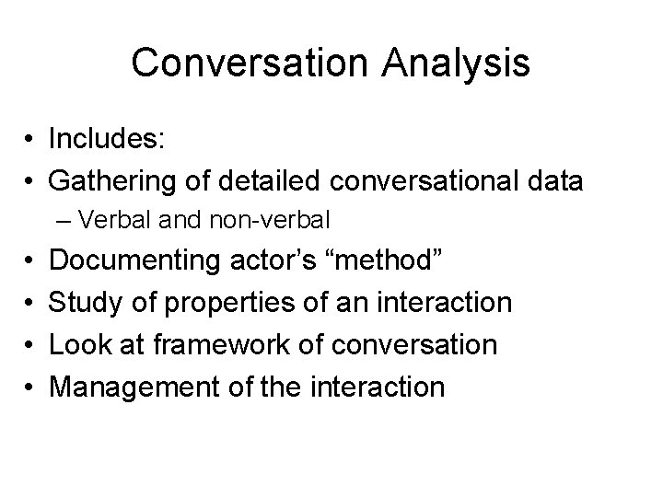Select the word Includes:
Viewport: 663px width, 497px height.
point(107,140)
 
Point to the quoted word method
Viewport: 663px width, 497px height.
point(388,261)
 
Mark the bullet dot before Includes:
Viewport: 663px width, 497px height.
point(30,141)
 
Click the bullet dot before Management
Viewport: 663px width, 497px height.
point(30,387)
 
